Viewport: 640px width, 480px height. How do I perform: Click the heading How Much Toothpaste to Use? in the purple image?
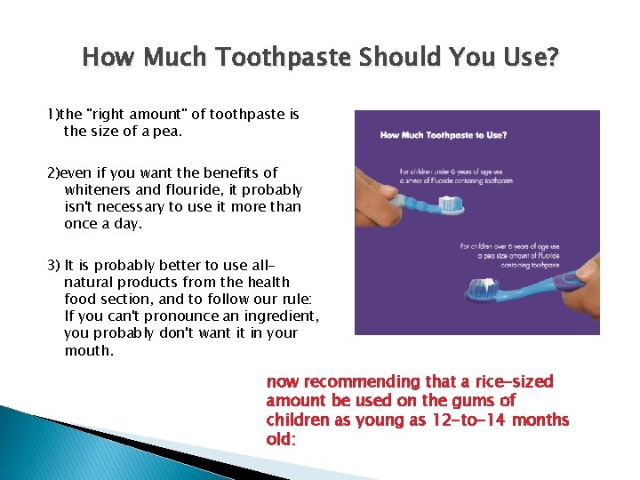[x=444, y=135]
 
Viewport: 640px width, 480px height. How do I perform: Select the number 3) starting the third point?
[x=54, y=265]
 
